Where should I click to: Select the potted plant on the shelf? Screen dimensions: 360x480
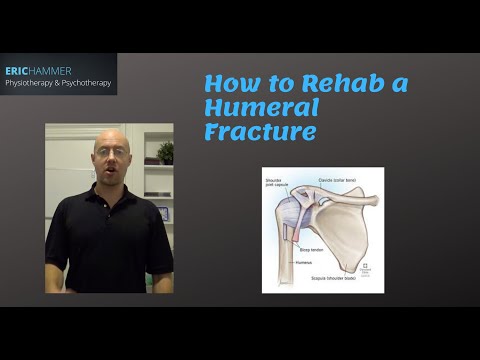tap(165, 151)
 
